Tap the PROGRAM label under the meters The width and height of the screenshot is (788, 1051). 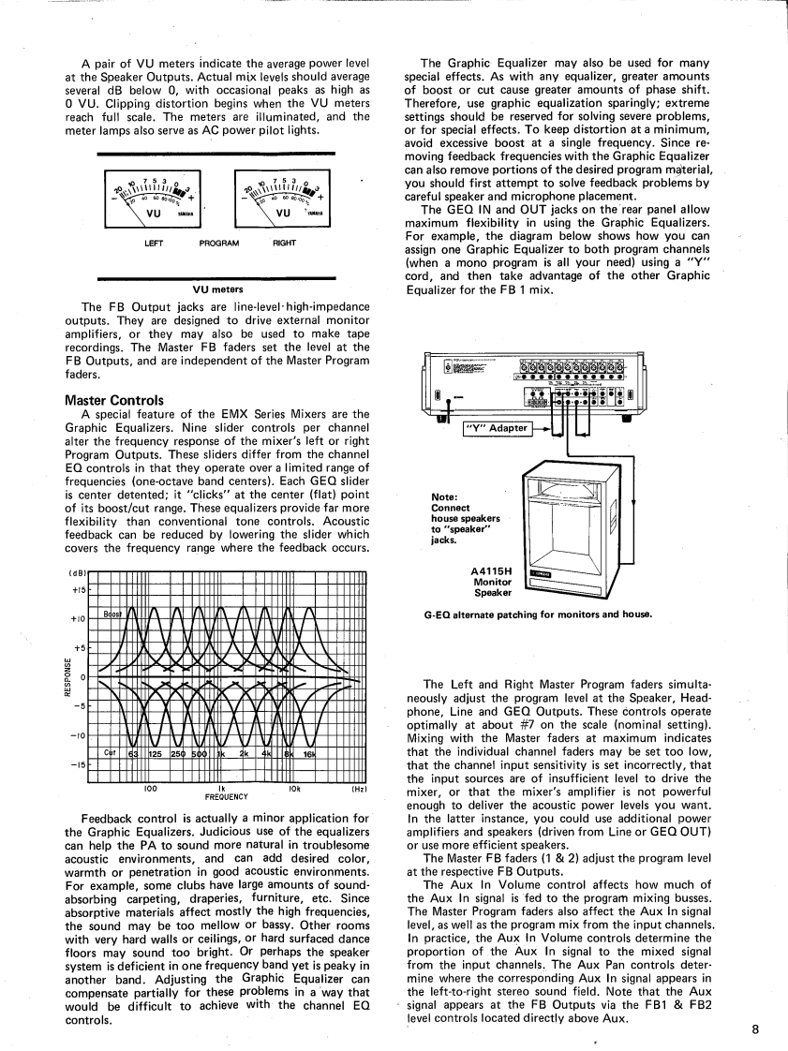[x=219, y=244]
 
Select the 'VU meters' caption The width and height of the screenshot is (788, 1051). [x=217, y=289]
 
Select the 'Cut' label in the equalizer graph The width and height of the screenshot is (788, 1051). [x=110, y=751]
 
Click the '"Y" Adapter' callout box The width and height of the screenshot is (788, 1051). [x=497, y=429]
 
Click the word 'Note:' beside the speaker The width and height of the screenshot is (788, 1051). [x=444, y=497]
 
